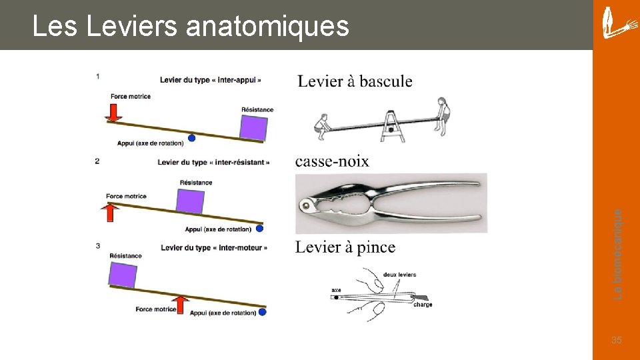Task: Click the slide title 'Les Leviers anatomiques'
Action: (191, 27)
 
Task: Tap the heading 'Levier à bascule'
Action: (355, 81)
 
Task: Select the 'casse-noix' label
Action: (331, 161)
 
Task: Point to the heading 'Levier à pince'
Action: (345, 247)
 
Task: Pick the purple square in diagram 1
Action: (253, 127)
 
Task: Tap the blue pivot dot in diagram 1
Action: (192, 138)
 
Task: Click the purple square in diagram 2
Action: (190, 201)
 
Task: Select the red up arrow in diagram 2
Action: (112, 212)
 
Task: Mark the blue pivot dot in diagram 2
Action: (259, 228)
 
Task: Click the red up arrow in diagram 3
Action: (180, 303)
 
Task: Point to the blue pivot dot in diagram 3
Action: (262, 311)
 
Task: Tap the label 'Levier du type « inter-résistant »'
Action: (213, 162)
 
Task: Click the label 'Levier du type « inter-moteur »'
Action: (213, 248)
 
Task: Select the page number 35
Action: (616, 341)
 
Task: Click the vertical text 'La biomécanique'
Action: (618, 253)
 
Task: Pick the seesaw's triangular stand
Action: (393, 127)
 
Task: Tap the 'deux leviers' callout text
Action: (399, 275)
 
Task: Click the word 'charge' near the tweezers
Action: (423, 305)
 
